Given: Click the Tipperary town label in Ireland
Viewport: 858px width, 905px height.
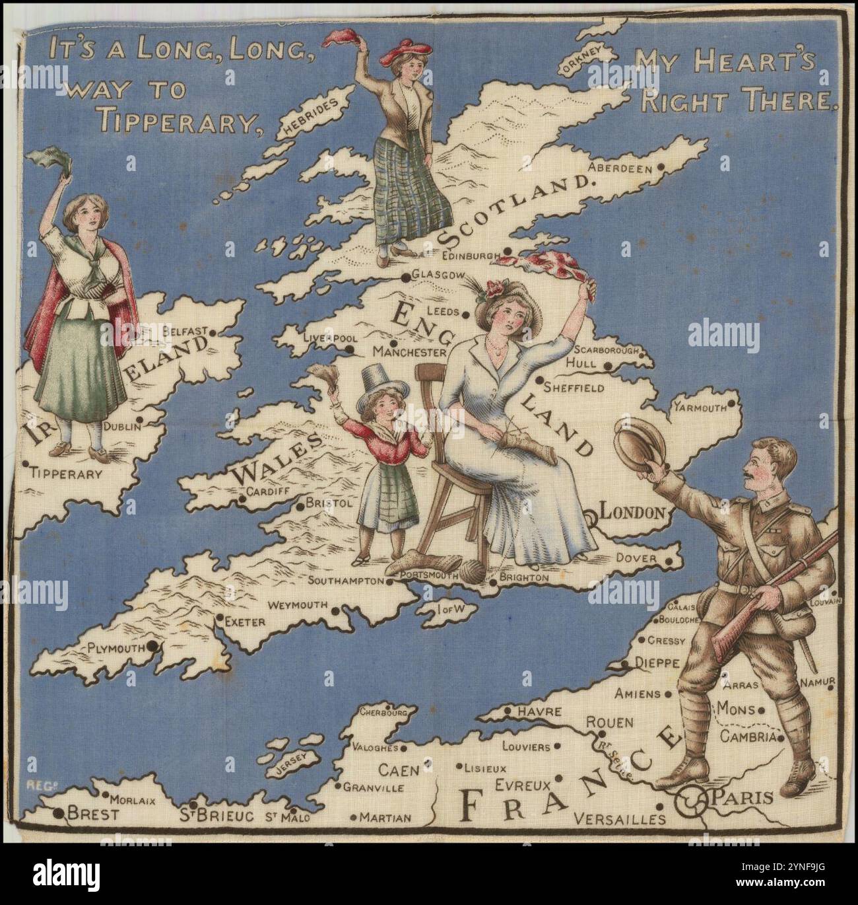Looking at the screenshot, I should point(66,474).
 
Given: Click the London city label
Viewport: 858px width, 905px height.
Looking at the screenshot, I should point(632,512).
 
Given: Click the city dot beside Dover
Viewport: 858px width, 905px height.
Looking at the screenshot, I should point(670,561).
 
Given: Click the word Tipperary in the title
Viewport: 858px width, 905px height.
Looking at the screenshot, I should point(174,119).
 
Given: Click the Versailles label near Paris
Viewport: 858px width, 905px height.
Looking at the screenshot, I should point(620,819).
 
